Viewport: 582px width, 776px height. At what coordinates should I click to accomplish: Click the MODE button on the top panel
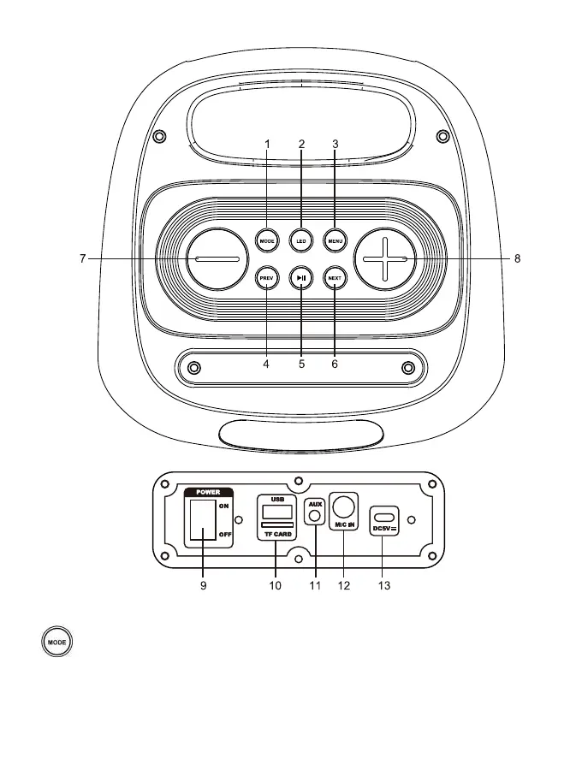[x=267, y=240]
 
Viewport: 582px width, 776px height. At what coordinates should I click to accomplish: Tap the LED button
[x=301, y=240]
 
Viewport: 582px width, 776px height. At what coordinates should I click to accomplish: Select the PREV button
[x=267, y=277]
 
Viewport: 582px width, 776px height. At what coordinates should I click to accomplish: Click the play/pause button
[x=301, y=277]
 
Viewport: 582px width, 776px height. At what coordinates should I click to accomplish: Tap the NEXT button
[x=335, y=277]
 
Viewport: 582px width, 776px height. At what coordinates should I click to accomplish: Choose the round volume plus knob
[x=386, y=258]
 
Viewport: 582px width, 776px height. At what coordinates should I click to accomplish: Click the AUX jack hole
[x=316, y=516]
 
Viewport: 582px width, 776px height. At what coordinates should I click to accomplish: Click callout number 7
[x=82, y=258]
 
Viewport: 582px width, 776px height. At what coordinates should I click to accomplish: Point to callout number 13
[x=384, y=586]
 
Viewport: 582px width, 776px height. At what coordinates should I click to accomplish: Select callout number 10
[x=275, y=586]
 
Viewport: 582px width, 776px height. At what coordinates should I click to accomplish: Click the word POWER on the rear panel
[x=208, y=492]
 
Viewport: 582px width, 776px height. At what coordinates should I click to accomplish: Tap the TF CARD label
[x=276, y=534]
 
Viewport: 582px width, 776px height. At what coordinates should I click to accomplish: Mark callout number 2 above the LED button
[x=301, y=144]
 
